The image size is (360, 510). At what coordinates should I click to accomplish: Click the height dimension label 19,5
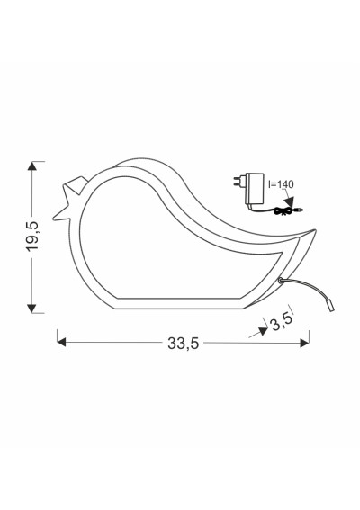coord(33,237)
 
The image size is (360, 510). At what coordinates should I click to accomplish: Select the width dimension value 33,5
coord(183,343)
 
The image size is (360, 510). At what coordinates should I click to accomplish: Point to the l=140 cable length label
coord(281,184)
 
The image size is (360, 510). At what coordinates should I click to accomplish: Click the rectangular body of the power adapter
coord(256,189)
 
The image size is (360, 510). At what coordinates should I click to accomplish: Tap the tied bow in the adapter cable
coord(283,210)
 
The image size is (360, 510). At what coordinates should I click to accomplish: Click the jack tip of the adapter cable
coord(299,210)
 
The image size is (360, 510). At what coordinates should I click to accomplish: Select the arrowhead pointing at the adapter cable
coord(288,201)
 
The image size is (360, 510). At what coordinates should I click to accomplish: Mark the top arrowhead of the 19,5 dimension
coord(31,166)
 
